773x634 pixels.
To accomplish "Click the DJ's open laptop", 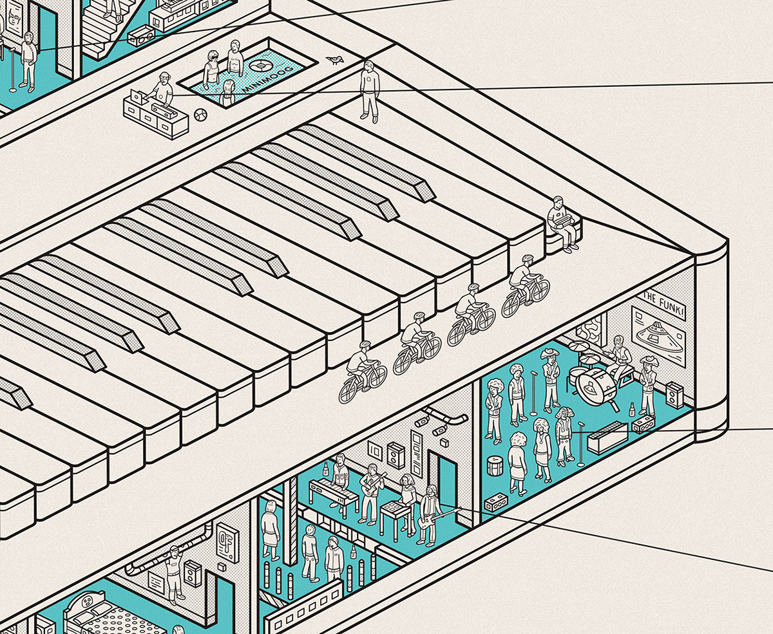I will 138,97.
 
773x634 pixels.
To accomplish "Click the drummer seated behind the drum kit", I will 619,359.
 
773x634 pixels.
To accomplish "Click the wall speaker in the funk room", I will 674,393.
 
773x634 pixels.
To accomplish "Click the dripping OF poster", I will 226,535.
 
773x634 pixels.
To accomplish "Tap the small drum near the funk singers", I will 494,464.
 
